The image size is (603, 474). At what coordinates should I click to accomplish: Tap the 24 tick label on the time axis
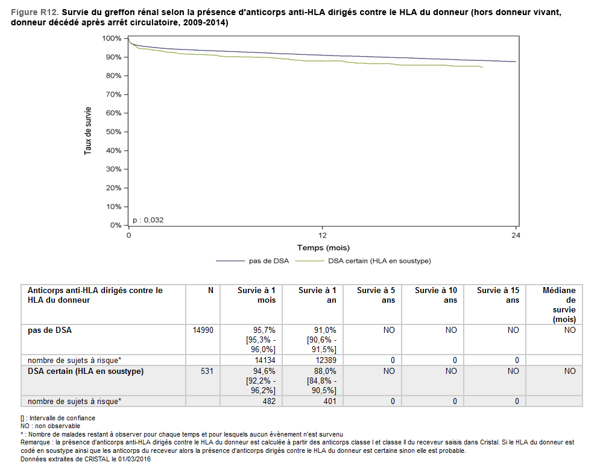516,235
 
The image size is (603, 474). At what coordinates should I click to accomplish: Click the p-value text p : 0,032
148,220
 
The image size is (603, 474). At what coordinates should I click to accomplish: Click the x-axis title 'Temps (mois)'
323,248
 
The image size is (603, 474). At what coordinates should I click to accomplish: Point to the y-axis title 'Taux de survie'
88,131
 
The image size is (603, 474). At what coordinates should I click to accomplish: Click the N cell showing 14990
203,330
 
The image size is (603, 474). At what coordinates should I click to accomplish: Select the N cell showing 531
207,371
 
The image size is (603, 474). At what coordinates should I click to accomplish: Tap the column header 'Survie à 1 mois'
256,295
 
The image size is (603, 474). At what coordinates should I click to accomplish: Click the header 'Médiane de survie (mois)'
559,305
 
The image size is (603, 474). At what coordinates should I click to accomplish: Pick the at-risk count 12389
326,361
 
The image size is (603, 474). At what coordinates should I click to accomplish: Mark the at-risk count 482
269,401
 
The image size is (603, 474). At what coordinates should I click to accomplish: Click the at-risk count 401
330,401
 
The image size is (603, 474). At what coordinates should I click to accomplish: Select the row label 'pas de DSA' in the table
49,330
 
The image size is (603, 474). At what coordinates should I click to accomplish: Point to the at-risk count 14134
265,361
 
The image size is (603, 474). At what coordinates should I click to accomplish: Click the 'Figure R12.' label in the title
34,12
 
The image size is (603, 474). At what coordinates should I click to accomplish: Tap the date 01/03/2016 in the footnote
134,459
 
